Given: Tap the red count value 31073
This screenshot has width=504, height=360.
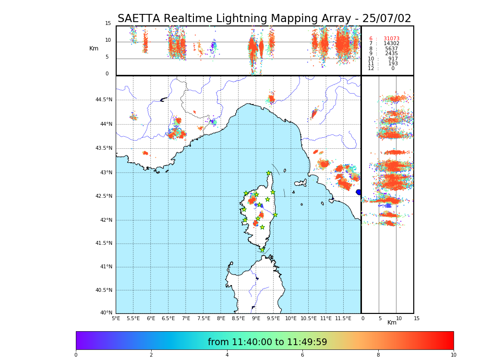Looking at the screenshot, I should [x=391, y=39].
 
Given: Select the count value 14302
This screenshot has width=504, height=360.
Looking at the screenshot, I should [x=391, y=44].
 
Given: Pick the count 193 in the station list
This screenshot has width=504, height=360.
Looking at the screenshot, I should [x=393, y=64].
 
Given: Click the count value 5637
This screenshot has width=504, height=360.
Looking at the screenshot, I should [x=391, y=49].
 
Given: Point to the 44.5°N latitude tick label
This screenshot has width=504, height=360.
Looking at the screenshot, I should [x=104, y=100].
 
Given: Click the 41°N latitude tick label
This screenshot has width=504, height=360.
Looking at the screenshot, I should [x=105, y=267].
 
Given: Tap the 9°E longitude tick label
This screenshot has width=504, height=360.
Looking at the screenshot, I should [x=256, y=318].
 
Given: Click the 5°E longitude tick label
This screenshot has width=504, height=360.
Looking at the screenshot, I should [x=116, y=318].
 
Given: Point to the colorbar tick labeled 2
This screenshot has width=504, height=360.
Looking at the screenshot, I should [x=151, y=355].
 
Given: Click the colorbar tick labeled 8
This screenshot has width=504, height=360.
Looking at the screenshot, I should [x=378, y=355].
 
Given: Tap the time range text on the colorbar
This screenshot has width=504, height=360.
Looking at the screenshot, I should [x=267, y=342].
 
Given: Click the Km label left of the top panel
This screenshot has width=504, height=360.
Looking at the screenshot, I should [x=94, y=48].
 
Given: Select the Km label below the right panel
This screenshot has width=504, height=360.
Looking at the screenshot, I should [x=392, y=323].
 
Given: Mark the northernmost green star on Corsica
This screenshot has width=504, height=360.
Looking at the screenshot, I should [x=269, y=173].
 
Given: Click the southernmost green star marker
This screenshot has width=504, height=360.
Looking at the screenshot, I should [x=262, y=250].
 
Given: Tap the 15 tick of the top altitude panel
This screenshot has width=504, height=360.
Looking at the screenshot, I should [x=108, y=24].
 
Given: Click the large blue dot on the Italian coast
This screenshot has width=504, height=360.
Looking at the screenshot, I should [x=359, y=192].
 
